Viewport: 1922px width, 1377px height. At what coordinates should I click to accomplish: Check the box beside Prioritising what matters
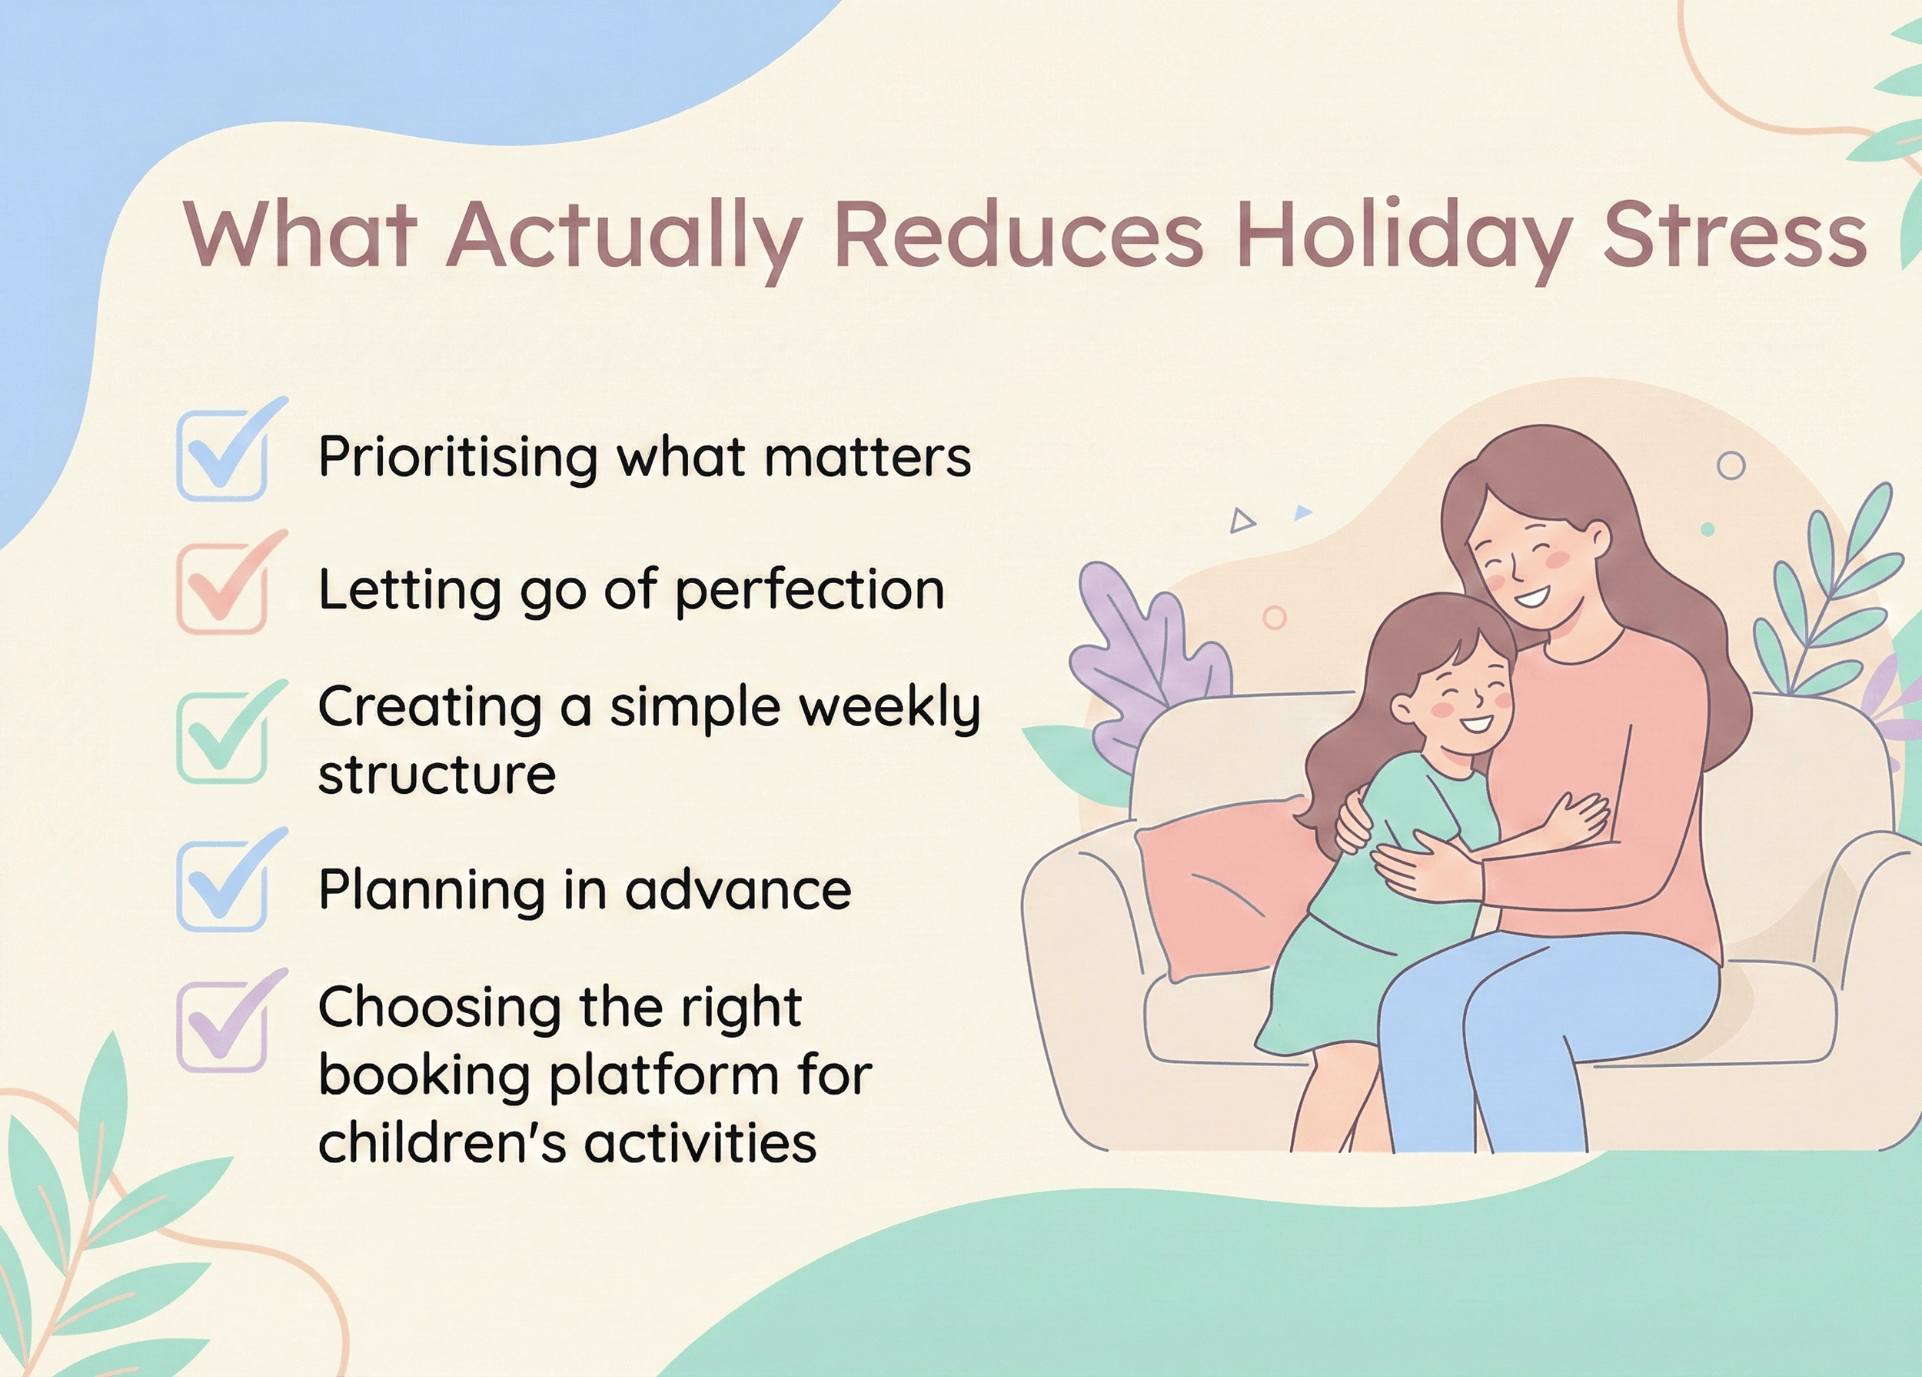(x=222, y=455)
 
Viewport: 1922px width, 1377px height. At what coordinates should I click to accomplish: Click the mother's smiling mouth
(x=1532, y=598)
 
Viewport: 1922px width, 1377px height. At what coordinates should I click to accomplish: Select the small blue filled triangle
(x=1302, y=512)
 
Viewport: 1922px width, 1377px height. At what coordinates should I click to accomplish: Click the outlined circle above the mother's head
(x=1731, y=465)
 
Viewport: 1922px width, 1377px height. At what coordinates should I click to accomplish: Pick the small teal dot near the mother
(x=1708, y=529)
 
